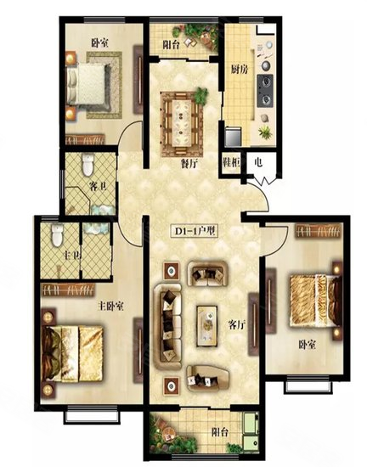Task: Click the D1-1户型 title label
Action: tap(195, 231)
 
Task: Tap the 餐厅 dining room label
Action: tap(189, 163)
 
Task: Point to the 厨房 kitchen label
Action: tap(240, 70)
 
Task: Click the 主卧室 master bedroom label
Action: tap(110, 307)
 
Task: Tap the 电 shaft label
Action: tap(258, 162)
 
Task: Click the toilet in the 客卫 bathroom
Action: tap(88, 165)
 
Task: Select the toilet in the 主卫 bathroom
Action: tap(57, 235)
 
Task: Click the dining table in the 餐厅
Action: tap(182, 123)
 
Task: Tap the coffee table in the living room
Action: tap(206, 326)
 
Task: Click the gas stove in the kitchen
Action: tap(265, 91)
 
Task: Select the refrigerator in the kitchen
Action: tap(234, 137)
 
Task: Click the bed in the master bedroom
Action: tap(73, 353)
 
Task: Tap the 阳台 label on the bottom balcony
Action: tap(220, 432)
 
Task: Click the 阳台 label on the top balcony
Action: tap(172, 45)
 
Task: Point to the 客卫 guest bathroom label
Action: tap(98, 187)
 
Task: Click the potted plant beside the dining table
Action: tap(201, 94)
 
